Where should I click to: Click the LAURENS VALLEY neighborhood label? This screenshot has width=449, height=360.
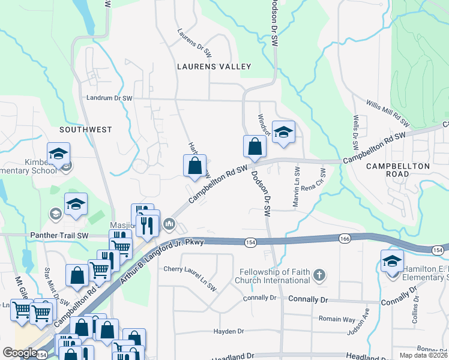[213, 67]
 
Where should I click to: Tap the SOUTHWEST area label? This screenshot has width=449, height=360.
[86, 129]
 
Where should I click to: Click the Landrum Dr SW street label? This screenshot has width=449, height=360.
[109, 98]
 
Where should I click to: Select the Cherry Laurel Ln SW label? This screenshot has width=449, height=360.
[190, 269]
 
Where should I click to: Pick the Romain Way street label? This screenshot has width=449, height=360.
[337, 319]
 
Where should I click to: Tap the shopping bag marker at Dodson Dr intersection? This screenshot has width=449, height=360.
[255, 146]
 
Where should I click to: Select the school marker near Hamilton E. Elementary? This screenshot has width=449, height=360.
[392, 261]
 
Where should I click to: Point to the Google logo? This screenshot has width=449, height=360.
[20, 352]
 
